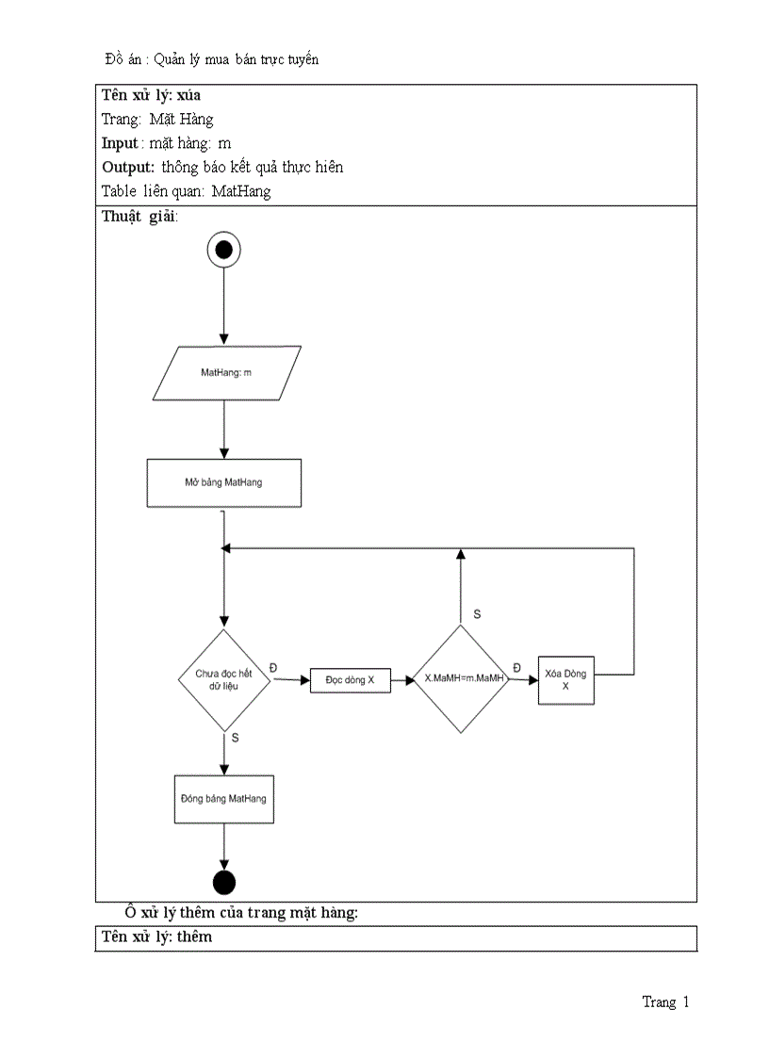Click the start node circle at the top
tap(223, 250)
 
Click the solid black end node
tap(224, 883)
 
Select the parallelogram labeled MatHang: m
tap(225, 373)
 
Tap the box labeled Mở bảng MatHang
tap(224, 483)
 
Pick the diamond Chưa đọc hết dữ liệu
tap(224, 679)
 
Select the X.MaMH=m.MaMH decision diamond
tap(461, 678)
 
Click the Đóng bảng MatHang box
tap(223, 799)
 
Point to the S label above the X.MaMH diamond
tap(477, 614)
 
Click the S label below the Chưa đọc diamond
tap(235, 738)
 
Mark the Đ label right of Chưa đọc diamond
tap(273, 667)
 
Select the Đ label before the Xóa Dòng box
tap(516, 667)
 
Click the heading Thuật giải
tap(139, 216)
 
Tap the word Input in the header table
tap(120, 143)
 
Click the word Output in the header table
tap(128, 167)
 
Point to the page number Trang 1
tap(665, 1002)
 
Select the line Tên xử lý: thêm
tap(157, 936)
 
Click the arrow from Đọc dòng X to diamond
tap(401, 679)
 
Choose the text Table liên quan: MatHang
tap(187, 191)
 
